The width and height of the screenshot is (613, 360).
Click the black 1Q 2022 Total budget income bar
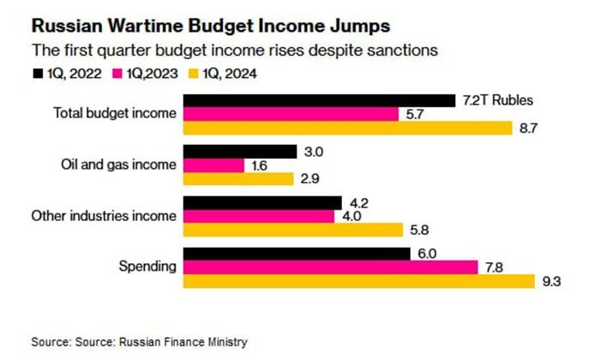[319, 100]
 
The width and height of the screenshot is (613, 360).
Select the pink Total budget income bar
[291, 114]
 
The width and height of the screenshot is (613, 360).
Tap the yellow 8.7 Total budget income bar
[347, 128]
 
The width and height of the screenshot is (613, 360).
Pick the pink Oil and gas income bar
[213, 165]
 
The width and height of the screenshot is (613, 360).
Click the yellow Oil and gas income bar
[238, 178]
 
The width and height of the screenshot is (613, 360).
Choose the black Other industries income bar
[262, 203]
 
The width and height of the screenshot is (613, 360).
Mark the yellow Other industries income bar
[293, 230]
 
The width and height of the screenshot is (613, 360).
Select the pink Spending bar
[330, 267]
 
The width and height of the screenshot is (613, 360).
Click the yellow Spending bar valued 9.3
[359, 281]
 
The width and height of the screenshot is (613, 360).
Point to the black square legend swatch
[38, 74]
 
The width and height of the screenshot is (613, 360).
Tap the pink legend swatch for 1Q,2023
[117, 74]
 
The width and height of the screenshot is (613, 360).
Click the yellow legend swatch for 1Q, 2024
[193, 74]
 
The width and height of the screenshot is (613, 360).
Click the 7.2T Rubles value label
[497, 100]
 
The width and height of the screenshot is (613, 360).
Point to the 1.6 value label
[259, 165]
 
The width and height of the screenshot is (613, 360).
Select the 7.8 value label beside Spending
[494, 267]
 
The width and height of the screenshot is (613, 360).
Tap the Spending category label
[147, 267]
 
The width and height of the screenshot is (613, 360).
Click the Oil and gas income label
[118, 165]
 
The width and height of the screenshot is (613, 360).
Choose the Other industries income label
[104, 216]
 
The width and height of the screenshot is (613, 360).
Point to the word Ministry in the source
[227, 342]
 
